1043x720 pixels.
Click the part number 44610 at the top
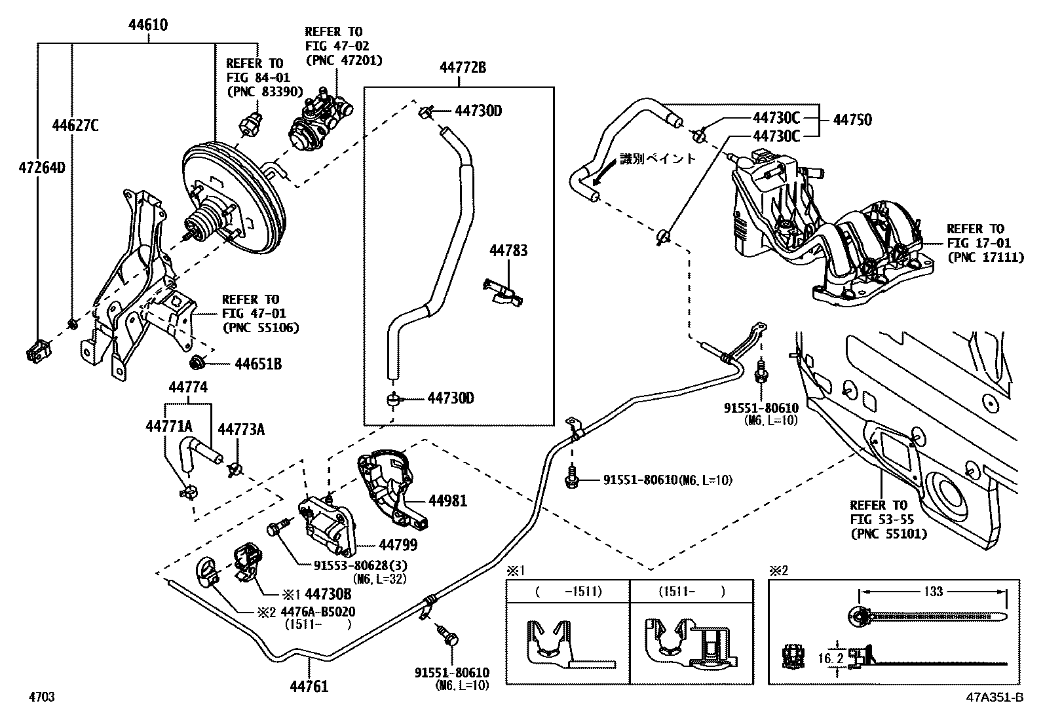coord(147,26)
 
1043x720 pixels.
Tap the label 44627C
coord(75,125)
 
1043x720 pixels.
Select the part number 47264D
coord(41,168)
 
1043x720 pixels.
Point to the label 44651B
coord(258,364)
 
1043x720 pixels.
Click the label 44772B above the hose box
coord(463,67)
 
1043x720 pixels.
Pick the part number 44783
coord(508,250)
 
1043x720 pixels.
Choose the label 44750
coord(852,120)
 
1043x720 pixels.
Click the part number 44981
coord(448,501)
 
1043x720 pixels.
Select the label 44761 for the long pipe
coord(309,687)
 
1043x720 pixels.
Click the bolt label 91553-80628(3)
coord(360,565)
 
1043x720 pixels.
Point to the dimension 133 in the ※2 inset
coord(933,592)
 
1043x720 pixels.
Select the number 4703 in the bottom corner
coord(41,697)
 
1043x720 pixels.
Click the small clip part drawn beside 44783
coord(503,292)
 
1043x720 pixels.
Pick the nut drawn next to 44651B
coord(197,362)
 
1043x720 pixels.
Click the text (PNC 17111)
coord(985,257)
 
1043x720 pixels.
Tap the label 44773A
coord(241,429)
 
